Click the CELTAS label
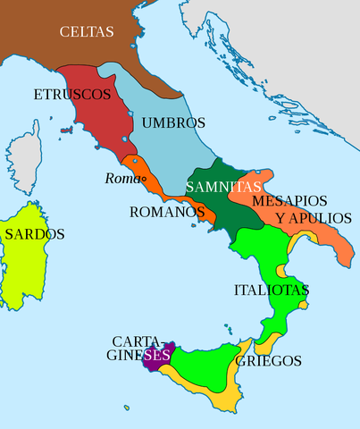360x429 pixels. point(87,32)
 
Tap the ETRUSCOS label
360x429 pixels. point(71,94)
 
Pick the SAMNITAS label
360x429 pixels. point(223,188)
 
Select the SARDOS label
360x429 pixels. point(34,234)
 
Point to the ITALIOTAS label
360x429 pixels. point(271,290)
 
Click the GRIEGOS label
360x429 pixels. point(268,362)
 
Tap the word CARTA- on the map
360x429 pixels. point(137,341)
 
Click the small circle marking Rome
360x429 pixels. point(142,179)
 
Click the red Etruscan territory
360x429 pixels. point(98,121)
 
